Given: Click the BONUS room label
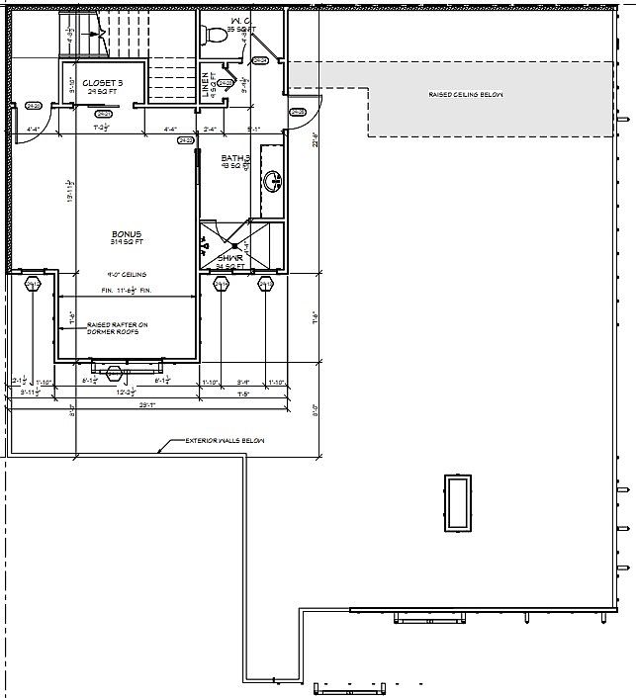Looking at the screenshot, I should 127,233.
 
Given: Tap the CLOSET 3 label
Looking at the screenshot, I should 103,83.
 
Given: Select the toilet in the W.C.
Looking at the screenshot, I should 213,36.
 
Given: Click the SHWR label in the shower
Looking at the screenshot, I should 230,258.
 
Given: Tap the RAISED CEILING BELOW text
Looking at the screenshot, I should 465,95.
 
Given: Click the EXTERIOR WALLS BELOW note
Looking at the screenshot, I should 225,441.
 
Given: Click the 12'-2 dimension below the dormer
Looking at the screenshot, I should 127,393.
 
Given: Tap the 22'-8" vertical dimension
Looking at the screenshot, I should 315,140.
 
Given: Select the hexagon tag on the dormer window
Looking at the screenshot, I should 117,373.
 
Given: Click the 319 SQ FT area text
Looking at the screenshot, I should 127,242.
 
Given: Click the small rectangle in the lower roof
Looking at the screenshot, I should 458,503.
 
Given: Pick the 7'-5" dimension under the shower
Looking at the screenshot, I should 242,393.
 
